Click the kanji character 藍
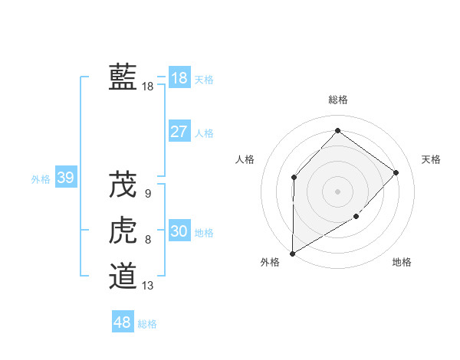[123, 77]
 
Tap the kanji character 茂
[123, 185]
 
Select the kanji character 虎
[123, 231]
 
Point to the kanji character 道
[123, 276]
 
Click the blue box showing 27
[179, 132]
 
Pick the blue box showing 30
[179, 231]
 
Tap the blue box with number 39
[65, 178]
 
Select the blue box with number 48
[122, 322]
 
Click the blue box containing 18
[179, 78]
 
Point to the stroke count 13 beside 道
[148, 286]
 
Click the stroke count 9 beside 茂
[148, 194]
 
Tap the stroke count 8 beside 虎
[148, 240]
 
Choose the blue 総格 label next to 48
[147, 324]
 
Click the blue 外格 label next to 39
[41, 179]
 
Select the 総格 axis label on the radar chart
[337, 100]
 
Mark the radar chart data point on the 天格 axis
[396, 172]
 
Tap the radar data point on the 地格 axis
[356, 217]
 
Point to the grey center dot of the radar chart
[337, 191]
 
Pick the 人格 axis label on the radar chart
[245, 159]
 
